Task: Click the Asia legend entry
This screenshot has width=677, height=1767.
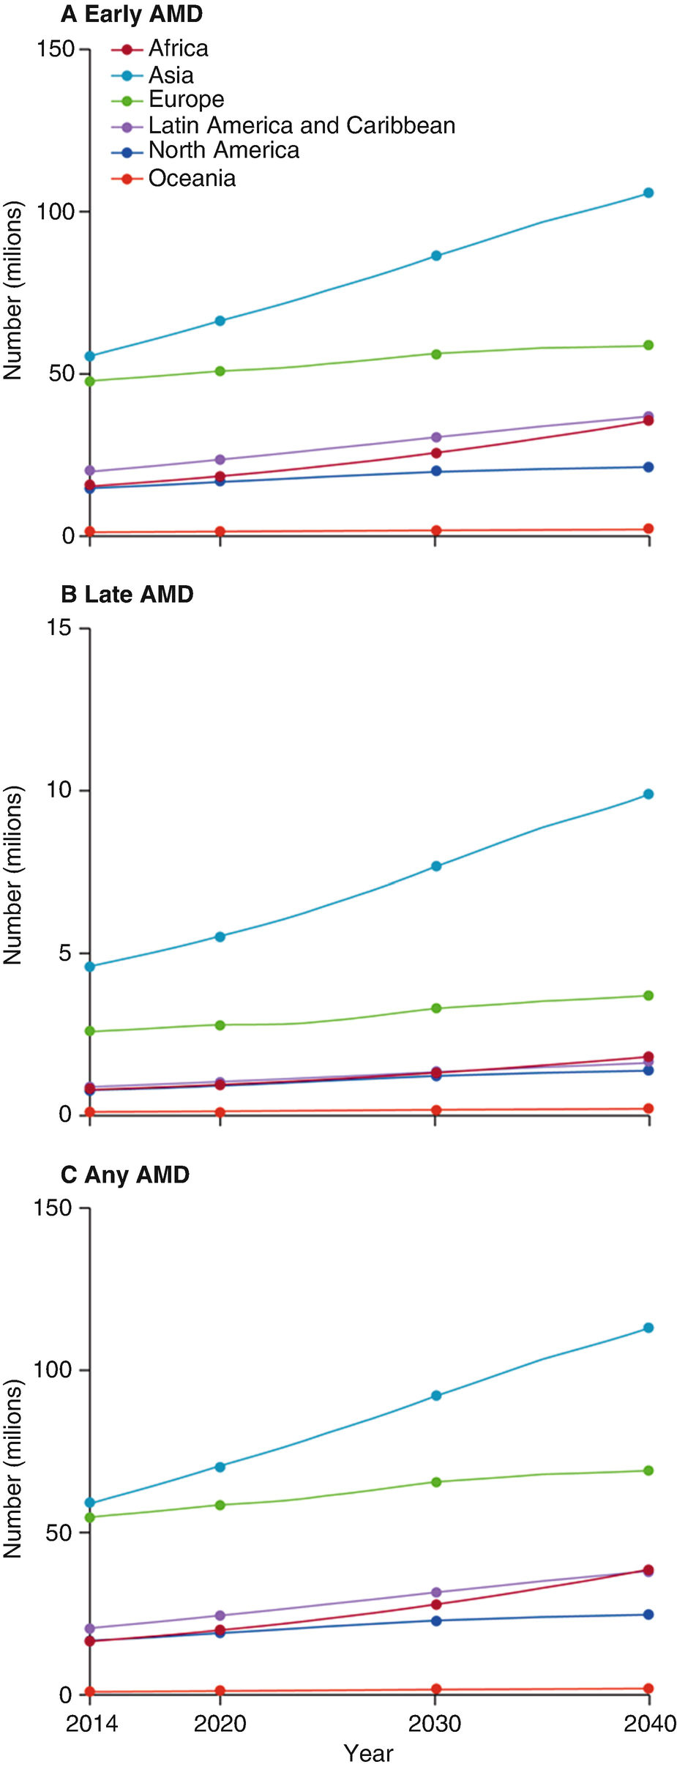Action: [x=171, y=75]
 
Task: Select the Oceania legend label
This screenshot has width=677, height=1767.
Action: [x=192, y=178]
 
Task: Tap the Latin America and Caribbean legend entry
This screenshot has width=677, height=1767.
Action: [x=302, y=125]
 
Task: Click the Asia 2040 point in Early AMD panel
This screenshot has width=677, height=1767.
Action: [x=648, y=193]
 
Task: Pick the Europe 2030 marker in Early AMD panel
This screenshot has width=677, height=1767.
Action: [x=435, y=354]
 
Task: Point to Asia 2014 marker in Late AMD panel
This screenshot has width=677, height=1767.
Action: [x=90, y=967]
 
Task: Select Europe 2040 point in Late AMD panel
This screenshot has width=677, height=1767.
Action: [x=648, y=995]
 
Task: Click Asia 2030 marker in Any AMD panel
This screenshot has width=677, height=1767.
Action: [x=435, y=1396]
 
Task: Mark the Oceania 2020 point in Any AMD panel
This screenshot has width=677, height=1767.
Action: [x=220, y=1691]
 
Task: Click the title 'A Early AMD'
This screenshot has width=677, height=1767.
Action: [x=132, y=14]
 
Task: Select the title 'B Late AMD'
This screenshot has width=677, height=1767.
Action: [x=127, y=594]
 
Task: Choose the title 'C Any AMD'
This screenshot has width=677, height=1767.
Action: [x=125, y=1175]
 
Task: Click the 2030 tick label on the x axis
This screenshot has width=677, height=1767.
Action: [x=435, y=1724]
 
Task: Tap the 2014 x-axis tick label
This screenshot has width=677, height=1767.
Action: [x=91, y=1724]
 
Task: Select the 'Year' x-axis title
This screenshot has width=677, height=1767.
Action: [x=368, y=1753]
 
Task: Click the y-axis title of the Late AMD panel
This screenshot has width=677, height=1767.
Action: [x=13, y=875]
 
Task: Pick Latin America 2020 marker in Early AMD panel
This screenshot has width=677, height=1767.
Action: [x=220, y=459]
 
